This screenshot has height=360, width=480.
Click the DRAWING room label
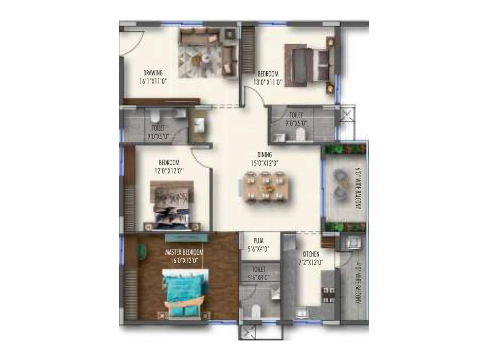[153, 73]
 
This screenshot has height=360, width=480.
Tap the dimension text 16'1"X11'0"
[153, 81]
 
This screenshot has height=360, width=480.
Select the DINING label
[264, 155]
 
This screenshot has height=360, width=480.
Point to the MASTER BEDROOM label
[184, 252]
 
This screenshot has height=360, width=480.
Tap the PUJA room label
[258, 241]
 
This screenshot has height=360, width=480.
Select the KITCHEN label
[310, 254]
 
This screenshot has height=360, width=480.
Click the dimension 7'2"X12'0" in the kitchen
[310, 262]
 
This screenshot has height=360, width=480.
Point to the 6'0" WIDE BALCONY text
[358, 188]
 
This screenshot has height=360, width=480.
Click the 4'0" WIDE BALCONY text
[358, 283]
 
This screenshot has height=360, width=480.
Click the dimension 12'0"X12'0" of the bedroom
[169, 171]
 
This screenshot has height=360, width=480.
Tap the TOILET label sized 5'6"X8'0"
[258, 269]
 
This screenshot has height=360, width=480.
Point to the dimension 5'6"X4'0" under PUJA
[258, 249]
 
